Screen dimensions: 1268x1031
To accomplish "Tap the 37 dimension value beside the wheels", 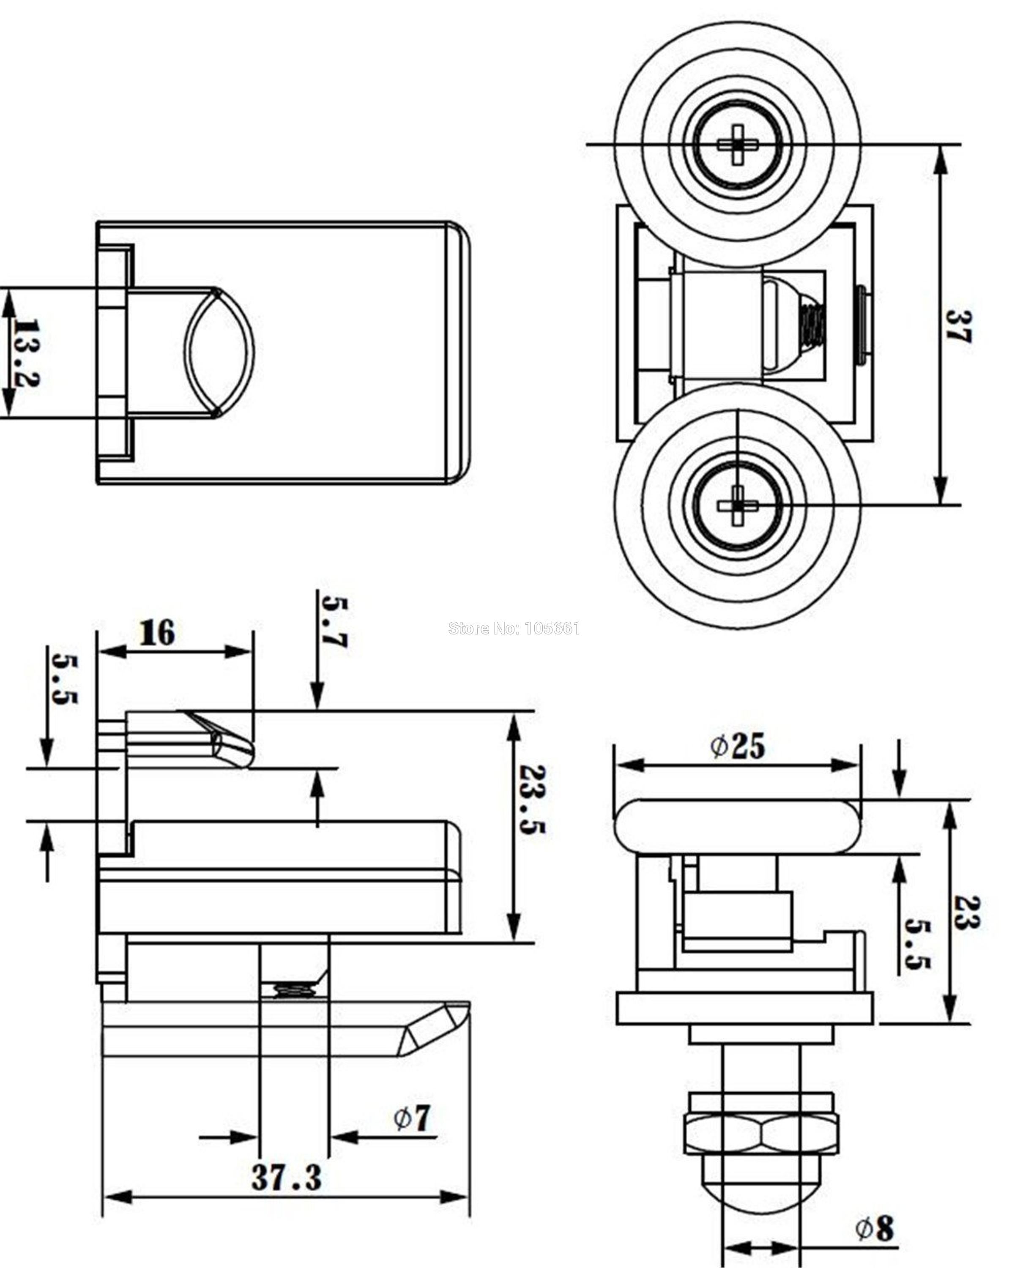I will pyautogui.click(x=957, y=325).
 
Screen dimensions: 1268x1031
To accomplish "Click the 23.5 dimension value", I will pyautogui.click(x=531, y=798).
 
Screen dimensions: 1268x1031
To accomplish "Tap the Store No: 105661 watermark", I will pyautogui.click(x=514, y=629).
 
